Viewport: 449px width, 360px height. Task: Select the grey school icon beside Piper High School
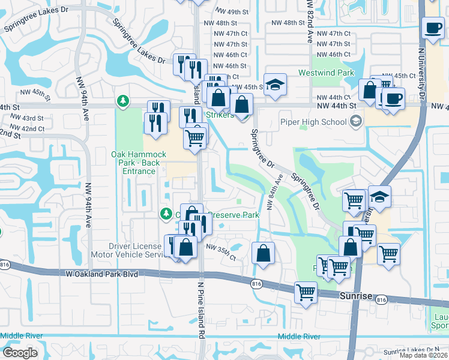357,122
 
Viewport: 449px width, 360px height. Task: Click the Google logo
20,352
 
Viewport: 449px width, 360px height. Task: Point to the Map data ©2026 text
424,355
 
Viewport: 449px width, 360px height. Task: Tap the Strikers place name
219,115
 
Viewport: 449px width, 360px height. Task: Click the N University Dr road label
421,72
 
